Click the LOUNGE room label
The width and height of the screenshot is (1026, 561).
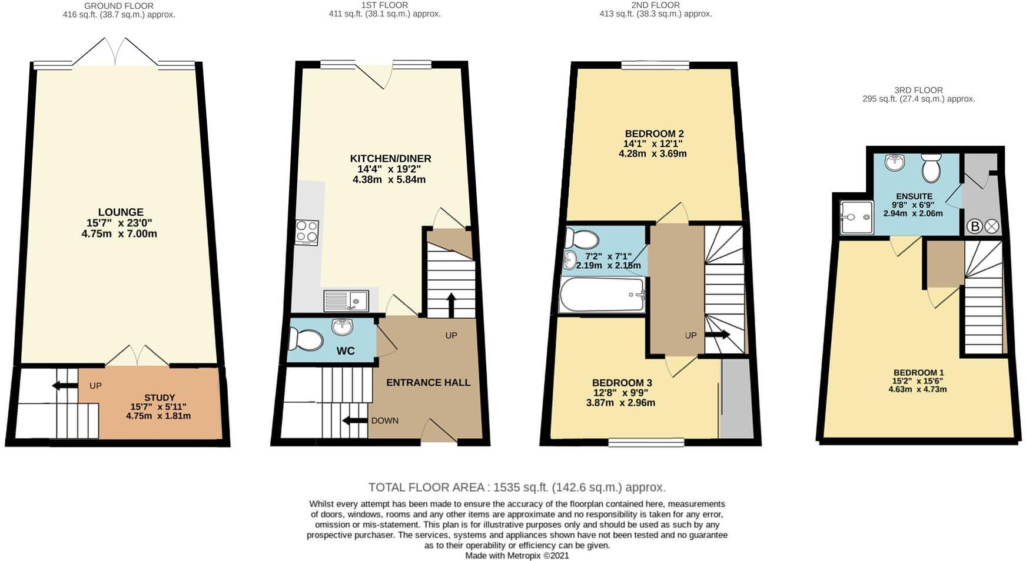coord(120,212)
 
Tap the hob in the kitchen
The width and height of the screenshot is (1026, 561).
coord(306,232)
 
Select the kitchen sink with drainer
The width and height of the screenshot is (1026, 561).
coord(346,301)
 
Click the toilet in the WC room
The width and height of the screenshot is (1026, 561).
coord(306,339)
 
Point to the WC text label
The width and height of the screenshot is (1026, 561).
coord(345,351)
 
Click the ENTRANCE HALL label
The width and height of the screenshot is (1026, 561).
coord(428,382)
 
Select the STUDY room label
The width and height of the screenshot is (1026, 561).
coord(159,398)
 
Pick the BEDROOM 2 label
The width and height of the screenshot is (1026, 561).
coord(654,133)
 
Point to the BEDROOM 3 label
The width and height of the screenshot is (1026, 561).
coord(622,383)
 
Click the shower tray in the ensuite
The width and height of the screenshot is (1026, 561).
coord(856,217)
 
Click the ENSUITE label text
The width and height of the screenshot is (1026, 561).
coord(914,196)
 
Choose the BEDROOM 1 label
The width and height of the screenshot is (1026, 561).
coord(918,373)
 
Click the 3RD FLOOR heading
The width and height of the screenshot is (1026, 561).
coord(918,90)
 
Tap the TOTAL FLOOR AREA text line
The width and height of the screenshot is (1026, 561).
coord(516,487)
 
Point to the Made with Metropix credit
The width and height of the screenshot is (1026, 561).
coord(516,555)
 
